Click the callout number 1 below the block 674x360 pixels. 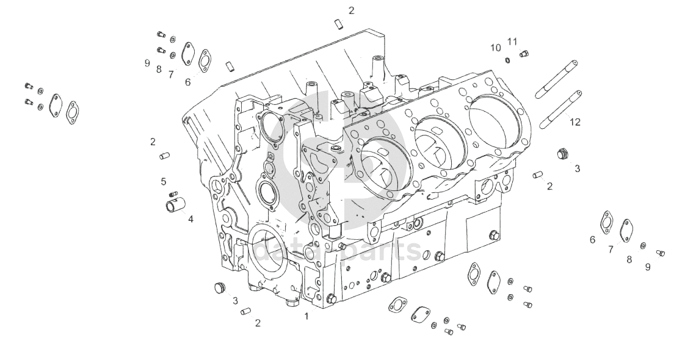(306, 317)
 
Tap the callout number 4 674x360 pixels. (190, 219)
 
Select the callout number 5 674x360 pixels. (164, 182)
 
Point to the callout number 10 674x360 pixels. (496, 48)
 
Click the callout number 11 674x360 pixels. (512, 41)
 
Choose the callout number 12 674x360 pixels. (575, 122)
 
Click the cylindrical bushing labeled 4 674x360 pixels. (175, 204)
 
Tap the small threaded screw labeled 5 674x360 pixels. (173, 194)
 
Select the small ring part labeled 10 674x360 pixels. (508, 59)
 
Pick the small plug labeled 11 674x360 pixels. (524, 54)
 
